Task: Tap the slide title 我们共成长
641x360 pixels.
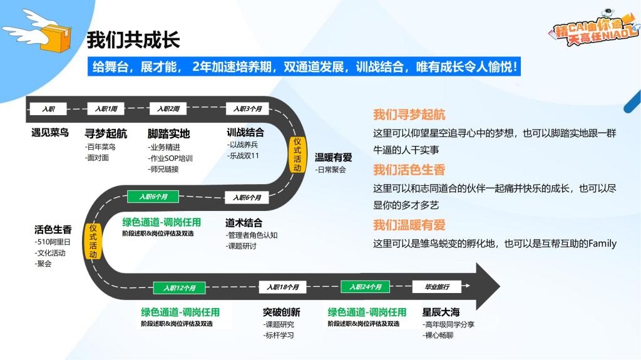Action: click(x=133, y=40)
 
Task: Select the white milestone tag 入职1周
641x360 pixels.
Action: click(x=106, y=109)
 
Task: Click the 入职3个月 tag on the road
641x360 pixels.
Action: click(x=247, y=109)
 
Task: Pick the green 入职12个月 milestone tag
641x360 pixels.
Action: click(x=179, y=288)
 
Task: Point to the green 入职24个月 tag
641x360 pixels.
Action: click(x=365, y=287)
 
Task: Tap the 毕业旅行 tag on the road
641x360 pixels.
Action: click(x=436, y=287)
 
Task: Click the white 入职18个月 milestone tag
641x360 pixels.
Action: click(x=283, y=287)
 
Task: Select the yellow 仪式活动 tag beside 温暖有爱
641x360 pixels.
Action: click(x=297, y=155)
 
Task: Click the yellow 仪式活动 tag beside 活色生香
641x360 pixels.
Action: click(x=93, y=242)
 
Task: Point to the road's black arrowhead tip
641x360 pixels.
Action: click(x=500, y=286)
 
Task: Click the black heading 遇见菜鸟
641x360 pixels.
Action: click(x=50, y=133)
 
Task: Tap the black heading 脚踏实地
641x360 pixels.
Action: click(x=168, y=134)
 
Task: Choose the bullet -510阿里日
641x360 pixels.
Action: click(x=53, y=242)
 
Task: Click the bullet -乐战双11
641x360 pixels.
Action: click(x=244, y=155)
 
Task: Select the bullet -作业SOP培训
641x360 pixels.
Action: click(x=170, y=158)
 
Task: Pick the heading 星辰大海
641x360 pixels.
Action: click(x=441, y=312)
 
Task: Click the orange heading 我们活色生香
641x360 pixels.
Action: click(x=409, y=170)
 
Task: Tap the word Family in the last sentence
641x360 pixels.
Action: click(x=602, y=244)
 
